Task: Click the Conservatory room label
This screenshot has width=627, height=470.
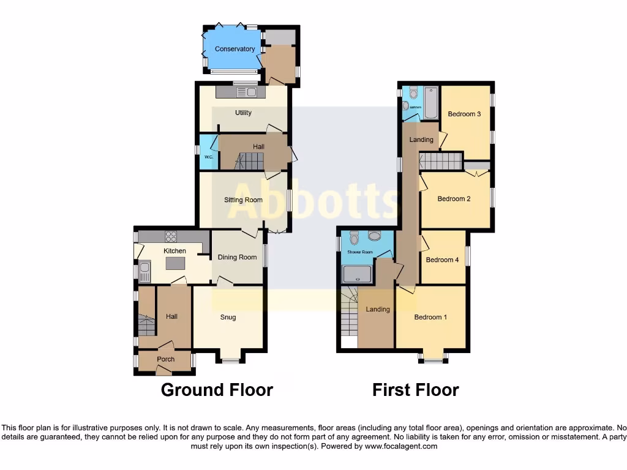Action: coord(235,49)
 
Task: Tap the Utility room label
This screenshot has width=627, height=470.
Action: coord(243,113)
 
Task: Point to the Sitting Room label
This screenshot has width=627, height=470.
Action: coord(243,200)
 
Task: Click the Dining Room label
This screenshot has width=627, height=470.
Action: coord(237,257)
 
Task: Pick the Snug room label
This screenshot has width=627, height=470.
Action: coord(228,317)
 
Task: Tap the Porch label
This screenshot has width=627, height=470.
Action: coord(166,359)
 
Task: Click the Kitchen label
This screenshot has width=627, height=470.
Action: coord(175,251)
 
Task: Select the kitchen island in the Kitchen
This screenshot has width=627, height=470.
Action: coord(176,264)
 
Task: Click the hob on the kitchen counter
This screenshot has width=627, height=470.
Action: coord(170,236)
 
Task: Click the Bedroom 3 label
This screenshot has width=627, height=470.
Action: coord(464,114)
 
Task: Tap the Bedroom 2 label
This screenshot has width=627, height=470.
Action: coord(454,199)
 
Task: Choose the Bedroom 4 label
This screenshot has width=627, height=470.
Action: coord(442,259)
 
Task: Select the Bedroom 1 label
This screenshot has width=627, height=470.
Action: coord(430,317)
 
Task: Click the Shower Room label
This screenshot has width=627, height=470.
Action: coord(360,252)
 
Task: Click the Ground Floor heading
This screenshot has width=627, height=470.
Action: coord(217,390)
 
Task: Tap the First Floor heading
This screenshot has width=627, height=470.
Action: coord(416,390)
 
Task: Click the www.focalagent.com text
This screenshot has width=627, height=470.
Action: coord(402,446)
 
